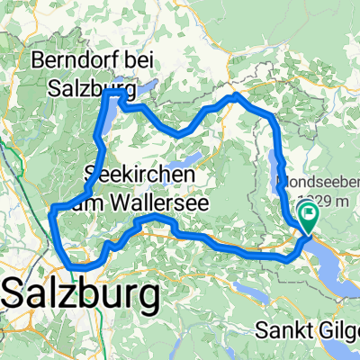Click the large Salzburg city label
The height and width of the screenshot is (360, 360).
pos(83,293)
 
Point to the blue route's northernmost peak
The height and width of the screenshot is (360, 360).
pos(235,94)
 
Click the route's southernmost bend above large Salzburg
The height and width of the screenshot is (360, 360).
pos(79,266)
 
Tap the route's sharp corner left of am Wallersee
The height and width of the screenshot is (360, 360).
pos(54,208)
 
